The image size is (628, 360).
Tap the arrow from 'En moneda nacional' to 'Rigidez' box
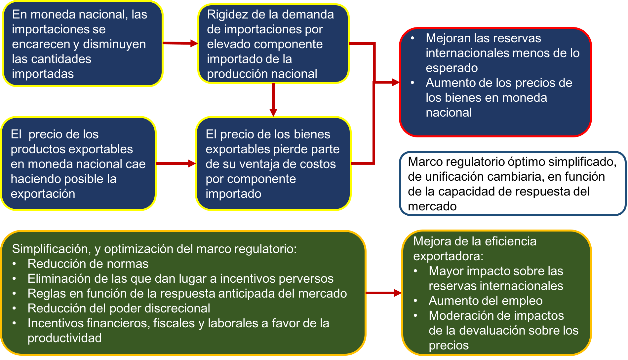(x=180, y=43)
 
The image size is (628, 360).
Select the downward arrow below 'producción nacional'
(x=273, y=99)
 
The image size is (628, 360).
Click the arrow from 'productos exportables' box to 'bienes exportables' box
(x=176, y=163)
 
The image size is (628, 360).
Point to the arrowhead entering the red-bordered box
(x=395, y=82)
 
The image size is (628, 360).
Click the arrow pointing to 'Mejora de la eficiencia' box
(x=383, y=293)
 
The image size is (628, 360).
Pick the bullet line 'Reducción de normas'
(x=88, y=264)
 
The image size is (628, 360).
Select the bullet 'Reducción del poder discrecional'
(x=119, y=308)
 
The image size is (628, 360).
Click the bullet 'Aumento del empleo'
(x=485, y=301)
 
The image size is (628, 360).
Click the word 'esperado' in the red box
(x=451, y=68)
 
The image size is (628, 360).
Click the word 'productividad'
(x=64, y=338)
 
